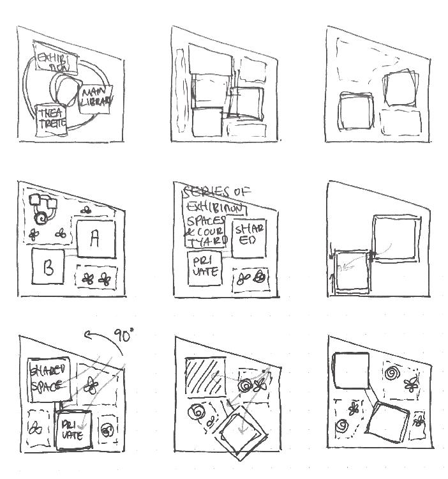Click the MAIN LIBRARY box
(96, 99)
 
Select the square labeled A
(96, 238)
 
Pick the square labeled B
(48, 267)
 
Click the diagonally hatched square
(204, 375)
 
